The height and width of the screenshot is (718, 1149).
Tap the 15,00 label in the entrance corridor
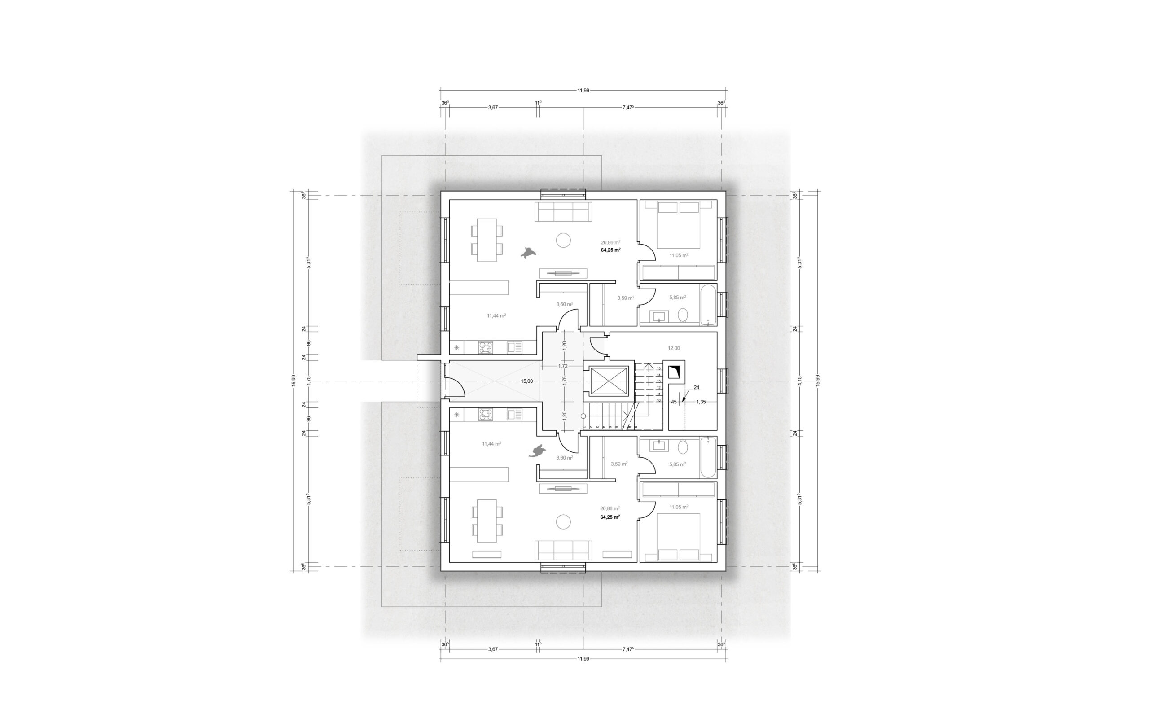click(526, 381)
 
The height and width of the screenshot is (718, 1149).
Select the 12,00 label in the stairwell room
click(674, 348)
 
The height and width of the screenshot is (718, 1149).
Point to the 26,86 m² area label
click(610, 242)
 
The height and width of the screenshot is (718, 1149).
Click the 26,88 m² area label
click(610, 508)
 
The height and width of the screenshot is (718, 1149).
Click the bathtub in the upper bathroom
click(707, 304)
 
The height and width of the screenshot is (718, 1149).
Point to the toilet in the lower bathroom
click(683, 447)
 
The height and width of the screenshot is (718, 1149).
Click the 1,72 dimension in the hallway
click(563, 366)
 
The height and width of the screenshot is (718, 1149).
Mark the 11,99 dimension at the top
click(583, 90)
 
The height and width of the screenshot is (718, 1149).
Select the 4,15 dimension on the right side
click(799, 381)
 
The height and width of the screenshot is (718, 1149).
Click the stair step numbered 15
click(658, 368)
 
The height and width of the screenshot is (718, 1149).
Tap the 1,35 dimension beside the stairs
click(701, 402)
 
